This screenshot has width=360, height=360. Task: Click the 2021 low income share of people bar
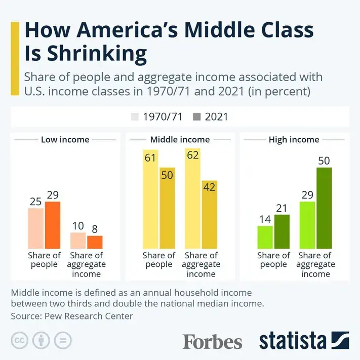53,224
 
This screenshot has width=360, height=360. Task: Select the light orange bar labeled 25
36,227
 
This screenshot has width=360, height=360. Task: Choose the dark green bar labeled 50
324,207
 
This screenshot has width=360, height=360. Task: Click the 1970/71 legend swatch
135,117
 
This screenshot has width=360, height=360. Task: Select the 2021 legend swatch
197,117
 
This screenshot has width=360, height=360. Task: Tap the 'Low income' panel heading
65,140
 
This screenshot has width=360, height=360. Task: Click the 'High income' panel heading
294,140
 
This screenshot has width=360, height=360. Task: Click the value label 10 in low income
77,225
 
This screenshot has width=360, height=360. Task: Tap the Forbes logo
212,341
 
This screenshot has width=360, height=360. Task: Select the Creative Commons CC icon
19,340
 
